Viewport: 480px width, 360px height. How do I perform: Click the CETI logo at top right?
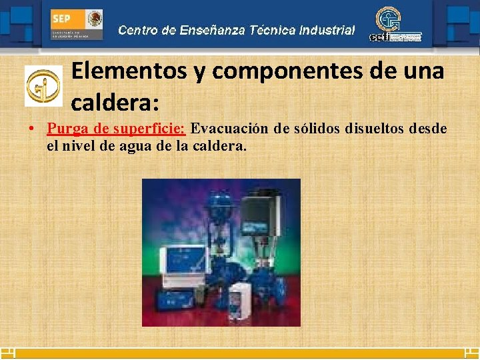pos(395,26)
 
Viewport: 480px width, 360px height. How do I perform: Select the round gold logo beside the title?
pos(43,86)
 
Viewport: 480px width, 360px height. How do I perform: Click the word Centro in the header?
pos(138,30)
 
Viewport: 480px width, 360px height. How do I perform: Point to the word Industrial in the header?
pos(327,30)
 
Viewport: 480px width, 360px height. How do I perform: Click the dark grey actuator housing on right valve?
pos(257,212)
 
